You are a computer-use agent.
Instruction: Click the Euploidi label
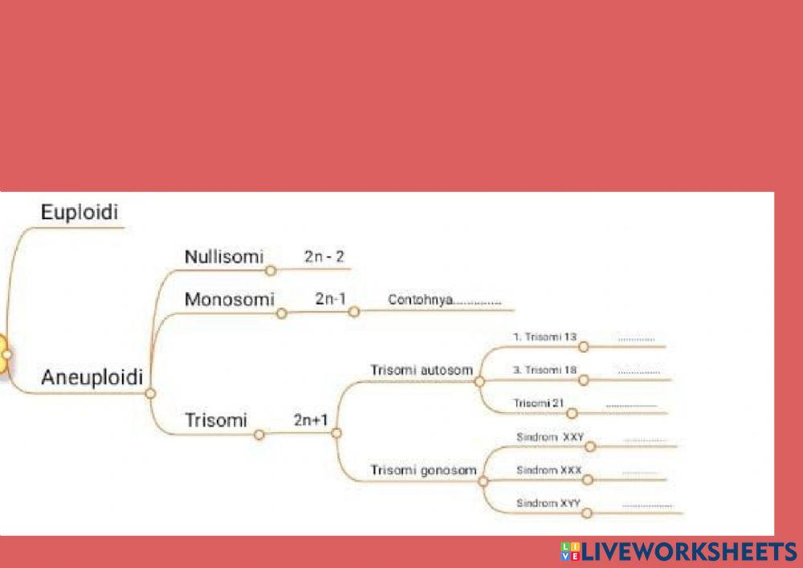pos(79,213)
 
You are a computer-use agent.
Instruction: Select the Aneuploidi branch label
pos(92,378)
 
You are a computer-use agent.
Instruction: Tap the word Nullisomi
pos(224,256)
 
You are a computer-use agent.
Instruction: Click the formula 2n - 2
pos(324,256)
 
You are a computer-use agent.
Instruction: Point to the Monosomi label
pos(230,299)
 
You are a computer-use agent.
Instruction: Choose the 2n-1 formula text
pos(330,299)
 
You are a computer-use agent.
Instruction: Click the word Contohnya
pos(420,300)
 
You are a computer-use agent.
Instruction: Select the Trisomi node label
pos(215,420)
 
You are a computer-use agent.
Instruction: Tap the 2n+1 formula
pos(311,420)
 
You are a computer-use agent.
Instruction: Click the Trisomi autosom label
pos(422,370)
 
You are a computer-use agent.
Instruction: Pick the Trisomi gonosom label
pos(423,470)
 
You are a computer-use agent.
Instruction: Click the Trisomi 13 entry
pos(545,337)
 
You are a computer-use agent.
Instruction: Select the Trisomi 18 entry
pos(545,370)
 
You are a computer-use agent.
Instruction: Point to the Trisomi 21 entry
pos(539,403)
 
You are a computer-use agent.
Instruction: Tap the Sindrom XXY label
pos(550,437)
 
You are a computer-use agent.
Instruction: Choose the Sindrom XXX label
pos(549,470)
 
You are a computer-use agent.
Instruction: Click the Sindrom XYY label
pos(548,503)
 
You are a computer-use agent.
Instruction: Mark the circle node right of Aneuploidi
pos(150,394)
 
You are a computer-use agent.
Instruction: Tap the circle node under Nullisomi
pos(271,271)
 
